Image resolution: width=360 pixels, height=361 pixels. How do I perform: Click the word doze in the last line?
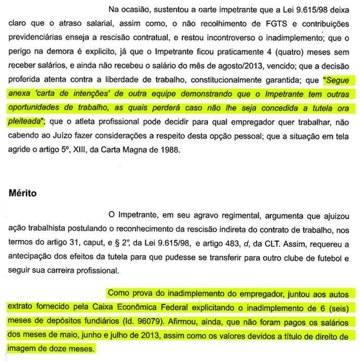tap(53, 348)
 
